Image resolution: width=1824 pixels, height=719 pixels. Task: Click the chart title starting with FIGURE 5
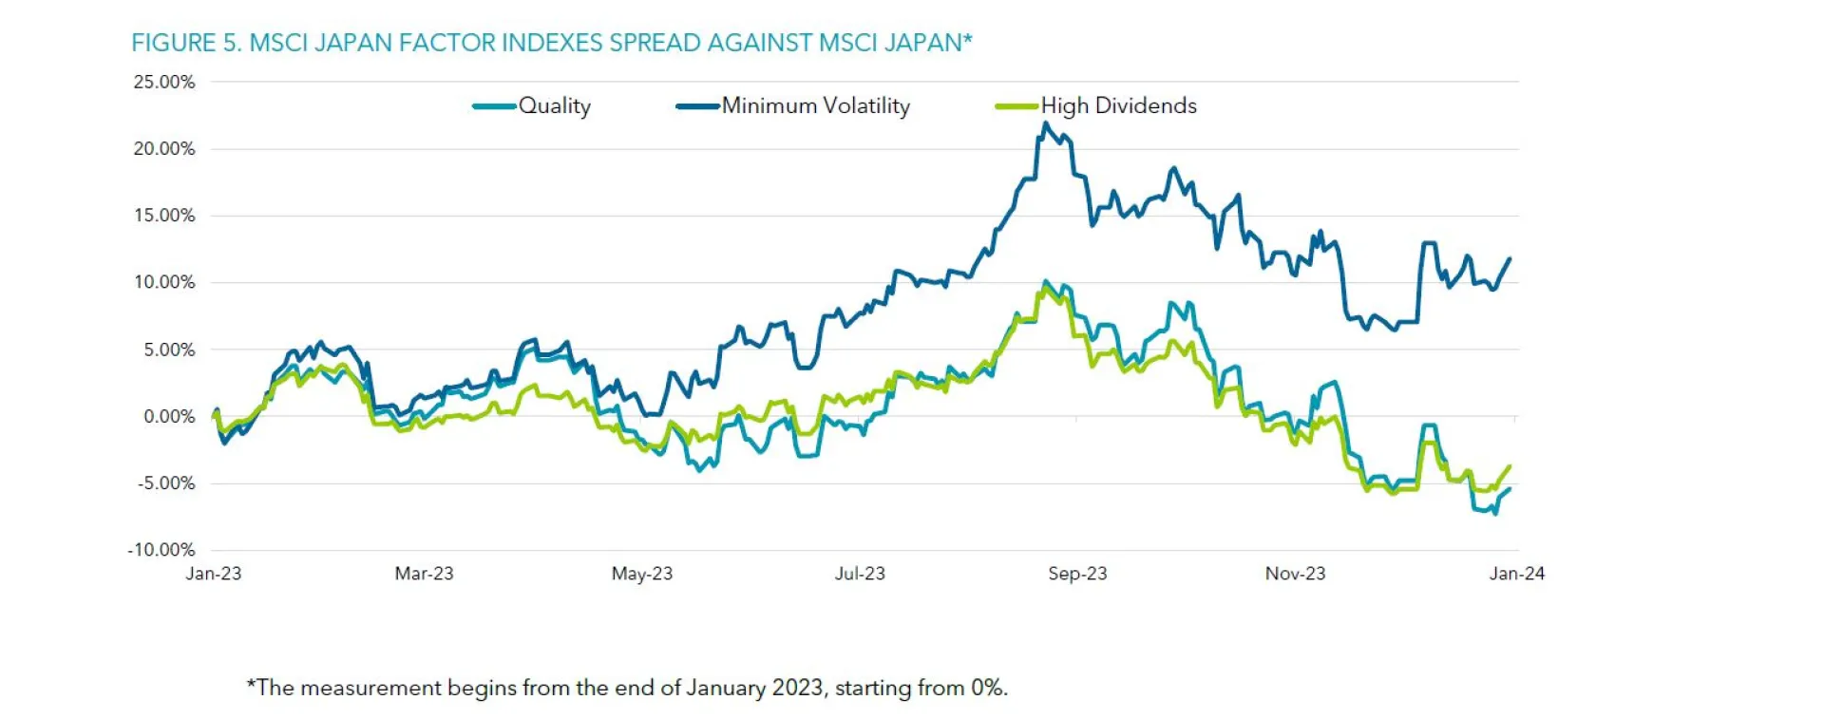551,43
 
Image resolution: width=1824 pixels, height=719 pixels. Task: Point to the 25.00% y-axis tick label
164,82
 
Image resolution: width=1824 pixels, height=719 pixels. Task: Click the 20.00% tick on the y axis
164,149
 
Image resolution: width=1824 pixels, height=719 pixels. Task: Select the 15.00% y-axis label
164,216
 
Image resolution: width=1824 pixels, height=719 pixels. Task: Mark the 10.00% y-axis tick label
164,282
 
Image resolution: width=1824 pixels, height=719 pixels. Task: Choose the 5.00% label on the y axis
169,350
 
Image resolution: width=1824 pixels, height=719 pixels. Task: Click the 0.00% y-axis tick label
169,416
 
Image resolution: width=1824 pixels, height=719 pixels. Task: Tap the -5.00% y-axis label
166,483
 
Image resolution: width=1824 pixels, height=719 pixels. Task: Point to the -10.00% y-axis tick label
161,550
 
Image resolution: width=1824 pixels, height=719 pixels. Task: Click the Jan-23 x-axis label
214,574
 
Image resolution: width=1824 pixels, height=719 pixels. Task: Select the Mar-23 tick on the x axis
424,574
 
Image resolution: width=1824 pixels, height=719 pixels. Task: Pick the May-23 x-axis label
642,574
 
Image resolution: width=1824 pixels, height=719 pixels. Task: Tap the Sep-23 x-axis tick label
1077,574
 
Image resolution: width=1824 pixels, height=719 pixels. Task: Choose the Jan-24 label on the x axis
1516,574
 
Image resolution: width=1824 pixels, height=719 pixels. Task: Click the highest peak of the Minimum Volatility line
1046,123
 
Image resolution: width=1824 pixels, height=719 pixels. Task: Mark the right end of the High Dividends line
1510,466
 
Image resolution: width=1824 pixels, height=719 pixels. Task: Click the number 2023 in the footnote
798,688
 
